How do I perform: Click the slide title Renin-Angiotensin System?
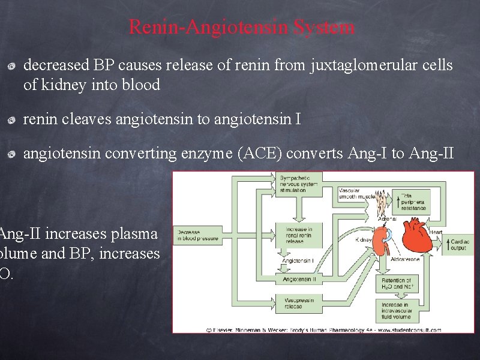tap(241, 27)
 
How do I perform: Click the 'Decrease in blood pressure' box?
tap(197, 235)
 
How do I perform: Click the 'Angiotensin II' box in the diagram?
tap(298, 279)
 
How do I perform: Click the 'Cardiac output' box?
tap(458, 244)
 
